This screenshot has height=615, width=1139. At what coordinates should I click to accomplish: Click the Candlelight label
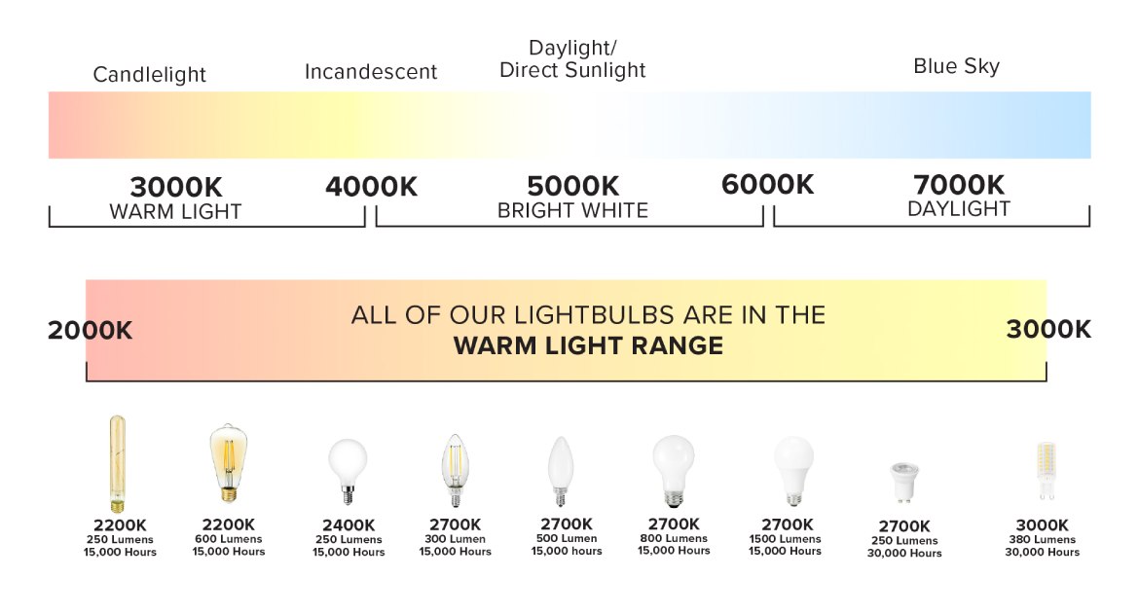150,75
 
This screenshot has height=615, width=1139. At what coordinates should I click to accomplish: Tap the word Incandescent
371,72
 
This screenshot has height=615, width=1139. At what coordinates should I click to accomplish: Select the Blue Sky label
956,66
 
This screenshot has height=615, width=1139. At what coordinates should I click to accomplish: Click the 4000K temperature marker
371,187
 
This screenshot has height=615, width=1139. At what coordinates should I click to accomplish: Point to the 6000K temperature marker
767,185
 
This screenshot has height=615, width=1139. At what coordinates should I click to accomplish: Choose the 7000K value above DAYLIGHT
959,185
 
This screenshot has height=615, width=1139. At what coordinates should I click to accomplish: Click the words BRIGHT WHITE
572,210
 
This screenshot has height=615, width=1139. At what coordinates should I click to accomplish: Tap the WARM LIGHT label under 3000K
175,211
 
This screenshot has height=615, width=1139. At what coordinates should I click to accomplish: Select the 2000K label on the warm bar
91,331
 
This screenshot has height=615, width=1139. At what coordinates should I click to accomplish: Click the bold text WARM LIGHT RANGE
588,345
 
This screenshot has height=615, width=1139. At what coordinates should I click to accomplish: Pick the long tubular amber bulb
117,463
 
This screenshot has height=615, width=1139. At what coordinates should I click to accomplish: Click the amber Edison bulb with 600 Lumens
229,463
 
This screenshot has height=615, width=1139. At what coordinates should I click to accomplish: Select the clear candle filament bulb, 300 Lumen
455,470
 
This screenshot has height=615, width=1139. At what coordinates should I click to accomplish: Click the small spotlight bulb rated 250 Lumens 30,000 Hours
904,483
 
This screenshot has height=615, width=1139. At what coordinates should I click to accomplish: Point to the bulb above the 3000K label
1046,471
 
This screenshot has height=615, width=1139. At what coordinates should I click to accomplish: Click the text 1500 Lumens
786,539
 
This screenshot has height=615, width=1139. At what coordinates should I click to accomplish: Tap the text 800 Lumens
674,538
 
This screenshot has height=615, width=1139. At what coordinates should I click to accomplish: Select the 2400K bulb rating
349,525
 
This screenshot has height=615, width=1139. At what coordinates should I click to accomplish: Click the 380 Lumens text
1042,539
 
